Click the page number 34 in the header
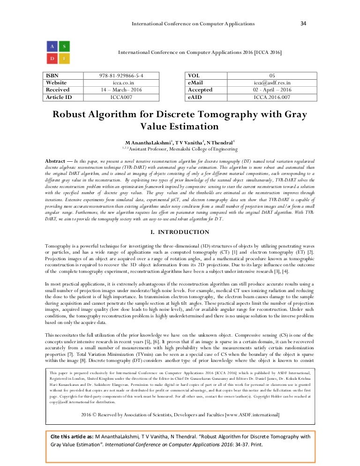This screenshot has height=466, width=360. pos(303,23)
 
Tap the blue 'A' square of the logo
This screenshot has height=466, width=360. pos(52,46)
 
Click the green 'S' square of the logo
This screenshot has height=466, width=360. pos(65,46)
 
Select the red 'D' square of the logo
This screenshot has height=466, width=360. pos(52,59)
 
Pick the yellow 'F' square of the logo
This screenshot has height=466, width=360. pos(65,59)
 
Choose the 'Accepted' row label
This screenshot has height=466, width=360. pos(200,90)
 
